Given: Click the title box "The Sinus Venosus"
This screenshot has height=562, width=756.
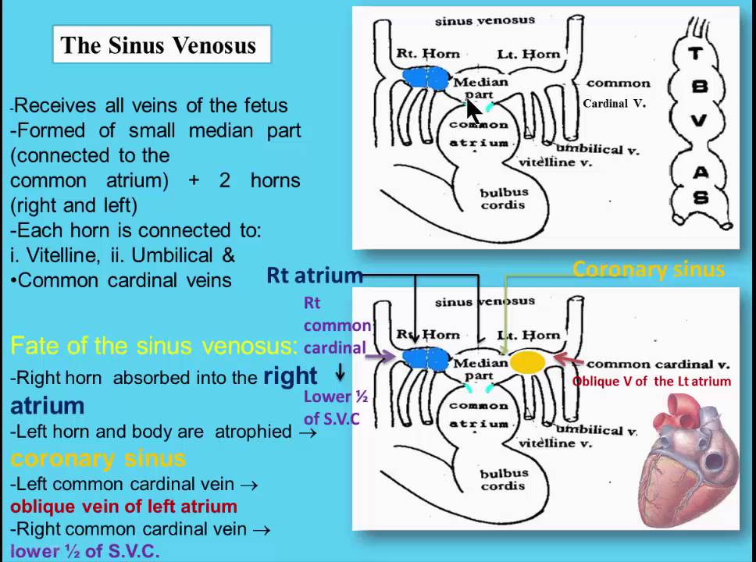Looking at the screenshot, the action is coord(161,45).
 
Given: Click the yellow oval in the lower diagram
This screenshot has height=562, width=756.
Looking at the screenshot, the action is coord(527,362).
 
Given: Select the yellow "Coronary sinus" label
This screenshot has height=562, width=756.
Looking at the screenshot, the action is coord(648,270).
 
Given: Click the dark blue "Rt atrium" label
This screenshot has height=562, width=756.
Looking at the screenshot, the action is coord(314,276).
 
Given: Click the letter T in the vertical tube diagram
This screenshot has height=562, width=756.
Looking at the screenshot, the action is coord(699,53).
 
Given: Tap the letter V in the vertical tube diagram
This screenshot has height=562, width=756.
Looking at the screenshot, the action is coord(699,120).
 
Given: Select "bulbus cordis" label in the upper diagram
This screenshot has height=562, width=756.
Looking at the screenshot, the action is coord(504,198).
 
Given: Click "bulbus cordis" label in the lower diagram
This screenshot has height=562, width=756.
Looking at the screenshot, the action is coord(504,479).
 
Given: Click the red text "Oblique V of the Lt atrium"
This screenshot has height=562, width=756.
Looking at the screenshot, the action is coord(651,382).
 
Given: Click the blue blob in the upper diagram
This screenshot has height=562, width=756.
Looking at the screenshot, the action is coord(426,78).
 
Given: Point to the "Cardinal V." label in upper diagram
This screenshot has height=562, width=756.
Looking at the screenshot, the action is coord(615,103).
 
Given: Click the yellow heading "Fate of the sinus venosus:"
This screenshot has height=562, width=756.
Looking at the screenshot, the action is coord(153,345).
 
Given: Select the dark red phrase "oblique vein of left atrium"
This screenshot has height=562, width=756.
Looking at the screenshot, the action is coord(123,506).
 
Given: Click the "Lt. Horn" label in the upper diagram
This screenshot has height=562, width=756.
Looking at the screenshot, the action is coord(529,55).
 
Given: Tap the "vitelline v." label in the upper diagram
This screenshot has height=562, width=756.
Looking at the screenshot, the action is coord(556,162).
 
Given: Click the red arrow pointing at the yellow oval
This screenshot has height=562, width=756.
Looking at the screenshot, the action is coord(568,361).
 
